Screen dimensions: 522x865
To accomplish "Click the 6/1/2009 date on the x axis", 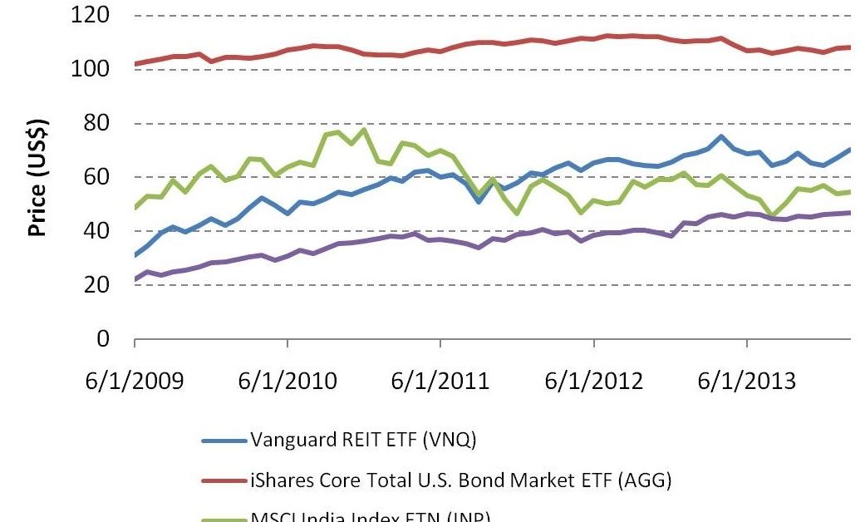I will pos(135,382).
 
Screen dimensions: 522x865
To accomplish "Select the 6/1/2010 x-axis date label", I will pos(288,382).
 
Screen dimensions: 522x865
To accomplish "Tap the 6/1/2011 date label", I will pos(440,382).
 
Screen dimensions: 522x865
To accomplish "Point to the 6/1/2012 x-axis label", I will pos(593,382).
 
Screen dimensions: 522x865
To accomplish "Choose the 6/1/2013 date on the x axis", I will pos(746,382).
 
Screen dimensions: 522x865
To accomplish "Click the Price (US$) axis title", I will pos(38,177).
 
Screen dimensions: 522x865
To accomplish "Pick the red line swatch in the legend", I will pos(224,480).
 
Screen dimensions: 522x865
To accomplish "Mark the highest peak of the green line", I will pos(364,130).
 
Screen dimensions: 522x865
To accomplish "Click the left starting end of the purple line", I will pos(135,279).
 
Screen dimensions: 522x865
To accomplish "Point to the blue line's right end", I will pos(850,150).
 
